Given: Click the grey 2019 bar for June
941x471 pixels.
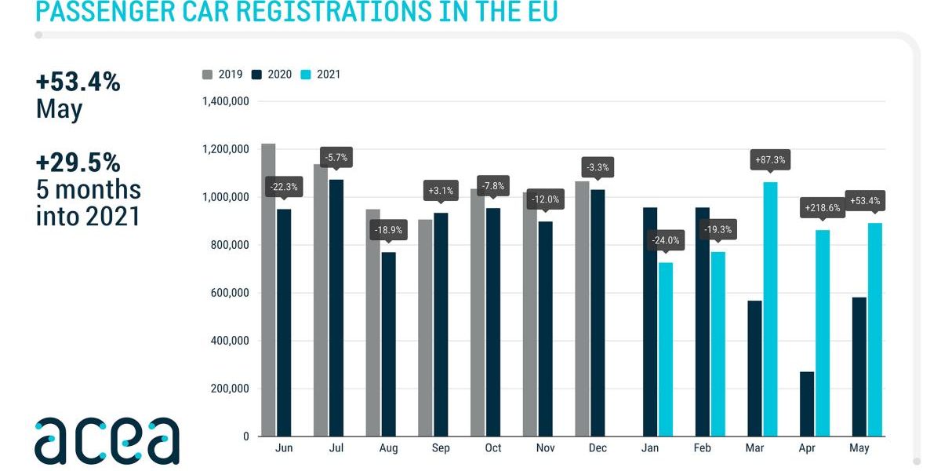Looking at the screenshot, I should click(x=268, y=290).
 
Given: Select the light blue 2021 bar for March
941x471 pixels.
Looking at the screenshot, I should click(x=770, y=309).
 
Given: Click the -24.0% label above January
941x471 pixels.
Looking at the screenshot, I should click(x=666, y=241).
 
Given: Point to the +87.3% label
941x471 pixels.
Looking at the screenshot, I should click(x=770, y=161).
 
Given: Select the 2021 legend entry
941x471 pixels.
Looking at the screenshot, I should click(x=322, y=75).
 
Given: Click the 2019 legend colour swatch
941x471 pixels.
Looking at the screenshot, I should click(x=208, y=75).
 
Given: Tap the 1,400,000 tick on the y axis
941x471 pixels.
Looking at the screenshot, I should click(x=226, y=101).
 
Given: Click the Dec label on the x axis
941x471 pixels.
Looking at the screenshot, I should click(x=597, y=448).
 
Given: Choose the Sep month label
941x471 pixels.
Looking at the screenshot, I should click(x=441, y=448).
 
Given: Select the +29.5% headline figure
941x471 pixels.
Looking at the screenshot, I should click(x=78, y=162).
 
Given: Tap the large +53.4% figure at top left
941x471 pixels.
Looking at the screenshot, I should click(x=78, y=82).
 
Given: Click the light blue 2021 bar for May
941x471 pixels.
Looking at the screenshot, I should click(x=874, y=330).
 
